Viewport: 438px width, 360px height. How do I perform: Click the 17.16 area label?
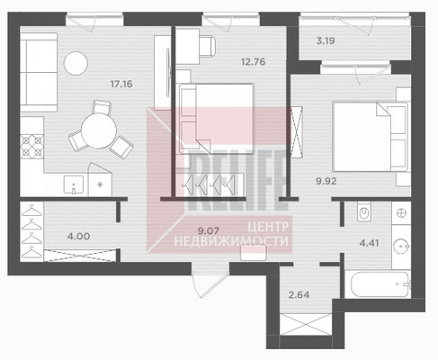(x=121, y=84)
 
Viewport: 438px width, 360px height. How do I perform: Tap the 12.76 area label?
(x=254, y=62)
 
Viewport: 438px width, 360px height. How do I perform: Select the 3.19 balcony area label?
(x=326, y=40)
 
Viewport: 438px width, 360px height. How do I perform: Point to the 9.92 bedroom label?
(x=326, y=181)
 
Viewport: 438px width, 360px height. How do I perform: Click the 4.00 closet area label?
(x=78, y=236)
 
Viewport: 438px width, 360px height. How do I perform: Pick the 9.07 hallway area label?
(x=209, y=230)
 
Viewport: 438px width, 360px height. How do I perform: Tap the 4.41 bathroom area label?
(x=369, y=243)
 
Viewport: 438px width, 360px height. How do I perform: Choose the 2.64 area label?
(x=299, y=294)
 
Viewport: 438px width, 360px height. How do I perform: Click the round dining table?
(x=99, y=131)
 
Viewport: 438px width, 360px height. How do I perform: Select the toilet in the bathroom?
(x=364, y=211)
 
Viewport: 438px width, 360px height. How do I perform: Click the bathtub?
(x=380, y=283)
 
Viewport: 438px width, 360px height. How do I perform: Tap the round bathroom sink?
(x=401, y=246)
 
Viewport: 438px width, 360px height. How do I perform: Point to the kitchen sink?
(x=74, y=184)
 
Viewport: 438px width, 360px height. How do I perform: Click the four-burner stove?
(x=31, y=147)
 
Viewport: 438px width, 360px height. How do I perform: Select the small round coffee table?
(x=76, y=63)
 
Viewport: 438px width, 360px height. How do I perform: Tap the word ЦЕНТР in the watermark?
(x=268, y=227)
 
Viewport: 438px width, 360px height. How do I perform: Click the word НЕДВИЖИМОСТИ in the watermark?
(x=231, y=241)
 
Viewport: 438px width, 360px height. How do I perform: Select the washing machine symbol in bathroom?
(x=401, y=213)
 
